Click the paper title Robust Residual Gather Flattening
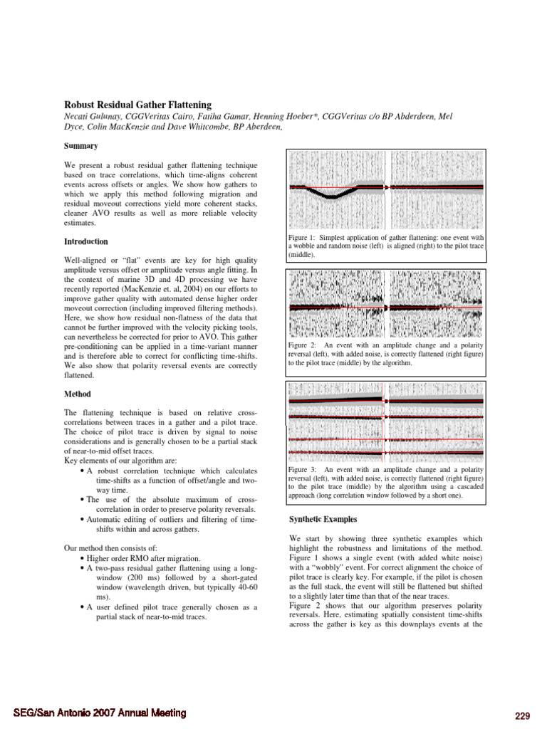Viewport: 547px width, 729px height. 137,105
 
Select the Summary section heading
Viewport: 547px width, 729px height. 80,145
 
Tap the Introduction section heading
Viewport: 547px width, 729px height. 86,241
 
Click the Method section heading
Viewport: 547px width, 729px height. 78,394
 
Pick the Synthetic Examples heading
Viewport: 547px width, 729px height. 323,518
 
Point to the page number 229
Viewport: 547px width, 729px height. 523,714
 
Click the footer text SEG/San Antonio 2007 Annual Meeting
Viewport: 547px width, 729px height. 100,713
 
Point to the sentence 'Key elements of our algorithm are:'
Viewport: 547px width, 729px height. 120,461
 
